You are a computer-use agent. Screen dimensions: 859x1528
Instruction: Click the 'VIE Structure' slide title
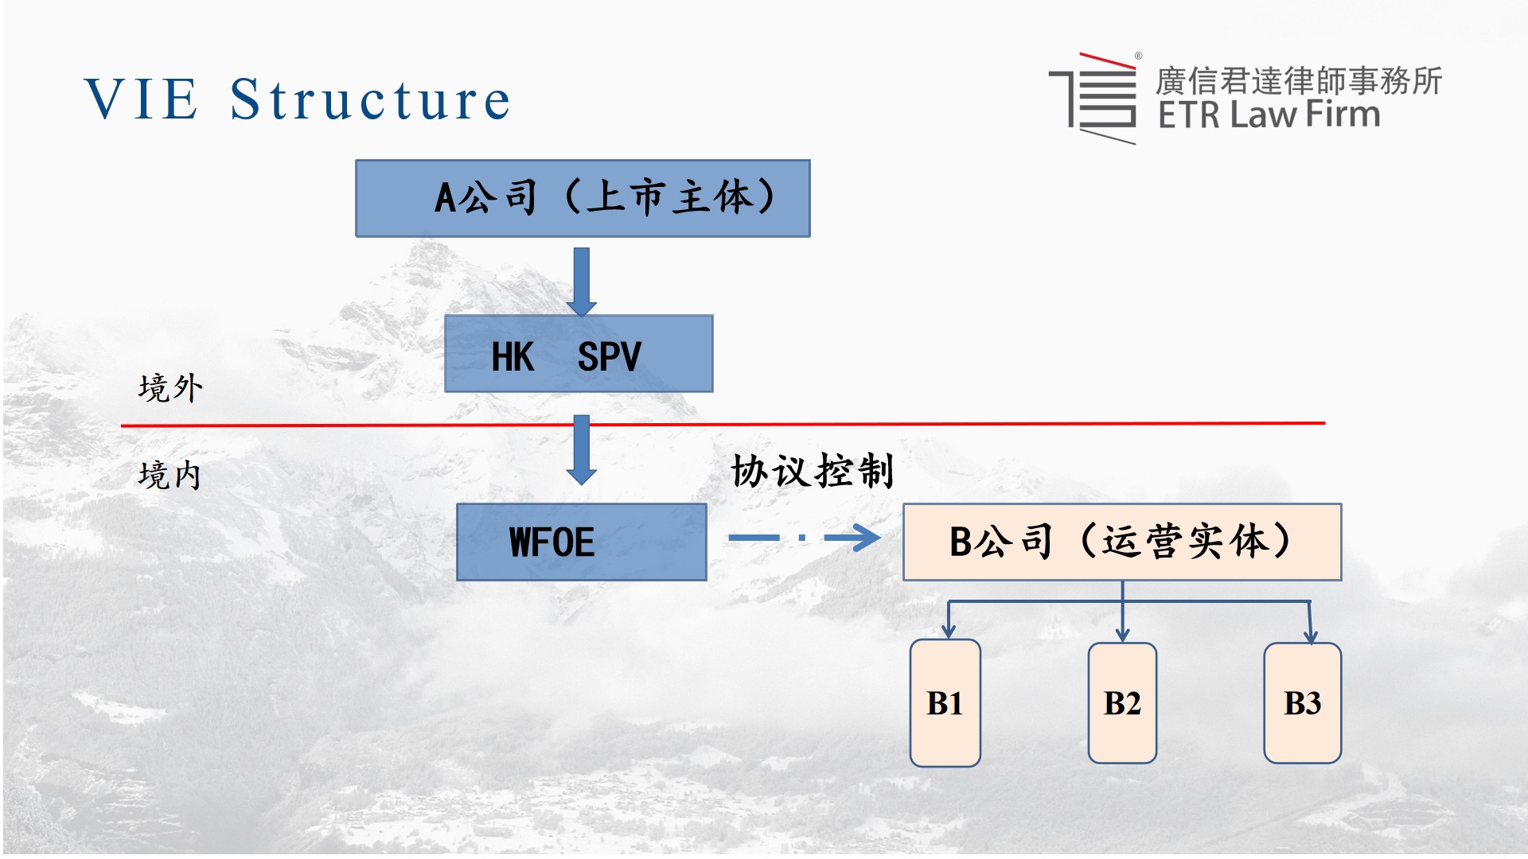(297, 100)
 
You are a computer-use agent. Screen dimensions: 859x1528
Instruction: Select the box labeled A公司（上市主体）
(583, 198)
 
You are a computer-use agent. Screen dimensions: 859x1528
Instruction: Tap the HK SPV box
(579, 354)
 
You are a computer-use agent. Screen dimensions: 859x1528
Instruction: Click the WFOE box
(581, 542)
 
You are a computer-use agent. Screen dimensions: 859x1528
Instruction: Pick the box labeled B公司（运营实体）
(1122, 542)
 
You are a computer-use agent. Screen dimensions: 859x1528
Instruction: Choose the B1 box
(945, 703)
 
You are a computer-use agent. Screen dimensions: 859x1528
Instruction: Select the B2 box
(1122, 703)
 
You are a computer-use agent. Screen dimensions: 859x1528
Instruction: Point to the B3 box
(1303, 703)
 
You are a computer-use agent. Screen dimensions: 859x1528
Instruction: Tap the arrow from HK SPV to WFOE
(582, 449)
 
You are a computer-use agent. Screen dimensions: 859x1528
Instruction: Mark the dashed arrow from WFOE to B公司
(804, 538)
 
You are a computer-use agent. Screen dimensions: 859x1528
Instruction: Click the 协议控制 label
(813, 471)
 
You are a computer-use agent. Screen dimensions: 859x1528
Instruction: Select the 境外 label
(170, 388)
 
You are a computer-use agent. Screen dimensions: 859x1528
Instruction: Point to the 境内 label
(170, 475)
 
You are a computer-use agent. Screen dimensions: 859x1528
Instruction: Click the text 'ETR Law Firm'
(1269, 115)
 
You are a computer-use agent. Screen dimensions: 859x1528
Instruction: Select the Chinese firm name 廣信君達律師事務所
(1298, 80)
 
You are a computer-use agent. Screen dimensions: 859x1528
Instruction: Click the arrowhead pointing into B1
(948, 632)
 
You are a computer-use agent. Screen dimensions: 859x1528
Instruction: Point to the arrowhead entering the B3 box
(1311, 636)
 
